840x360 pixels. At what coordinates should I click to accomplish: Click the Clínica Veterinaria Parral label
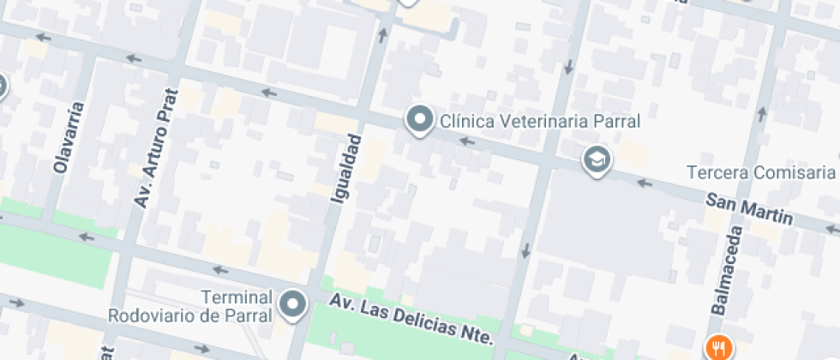point(539,122)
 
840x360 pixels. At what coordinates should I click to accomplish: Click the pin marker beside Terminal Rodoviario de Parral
point(294,303)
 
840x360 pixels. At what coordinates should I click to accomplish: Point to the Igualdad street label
point(346,170)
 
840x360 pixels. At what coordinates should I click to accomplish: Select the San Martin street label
point(749,209)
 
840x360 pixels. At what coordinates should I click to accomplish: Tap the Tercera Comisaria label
point(761,172)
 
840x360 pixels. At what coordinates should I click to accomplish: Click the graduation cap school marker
point(597,159)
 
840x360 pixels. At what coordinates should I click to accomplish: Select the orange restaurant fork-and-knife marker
point(717,347)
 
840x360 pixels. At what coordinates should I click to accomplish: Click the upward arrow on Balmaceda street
point(761,112)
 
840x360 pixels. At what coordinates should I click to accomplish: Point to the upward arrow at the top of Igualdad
point(382,34)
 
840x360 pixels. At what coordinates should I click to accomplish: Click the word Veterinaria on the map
point(540,122)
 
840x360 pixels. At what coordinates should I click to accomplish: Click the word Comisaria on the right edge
point(796,172)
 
